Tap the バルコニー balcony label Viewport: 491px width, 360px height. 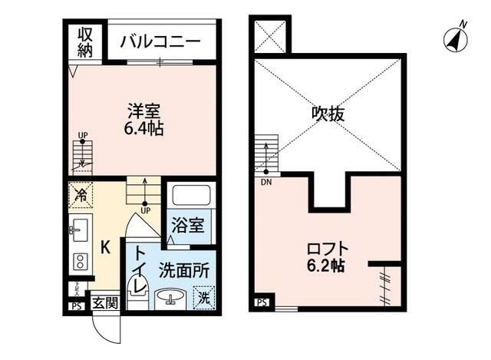160,41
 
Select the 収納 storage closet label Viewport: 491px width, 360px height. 84,43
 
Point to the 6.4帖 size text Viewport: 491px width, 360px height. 143,129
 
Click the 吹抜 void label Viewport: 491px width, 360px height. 328,114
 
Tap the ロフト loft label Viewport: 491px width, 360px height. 328,249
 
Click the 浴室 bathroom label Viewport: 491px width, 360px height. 188,226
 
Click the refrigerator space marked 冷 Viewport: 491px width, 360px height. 80,195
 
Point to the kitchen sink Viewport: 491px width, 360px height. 80,229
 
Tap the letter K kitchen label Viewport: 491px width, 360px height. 107,247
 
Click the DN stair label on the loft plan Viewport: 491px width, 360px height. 266,182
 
